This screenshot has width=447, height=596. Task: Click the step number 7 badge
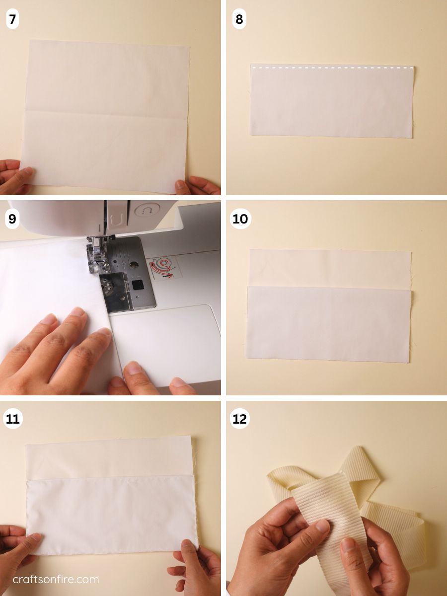coord(12,19)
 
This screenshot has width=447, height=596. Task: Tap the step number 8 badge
coord(239,19)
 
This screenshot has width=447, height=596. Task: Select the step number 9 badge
coord(12,219)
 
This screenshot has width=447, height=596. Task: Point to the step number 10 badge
coord(240,219)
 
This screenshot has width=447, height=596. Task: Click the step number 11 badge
coord(13,419)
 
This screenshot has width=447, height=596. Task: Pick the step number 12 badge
coord(240,419)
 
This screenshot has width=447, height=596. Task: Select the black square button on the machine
coord(136,285)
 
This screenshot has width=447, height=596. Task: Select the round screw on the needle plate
coord(133,264)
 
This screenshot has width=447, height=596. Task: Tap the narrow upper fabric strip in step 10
coord(330,268)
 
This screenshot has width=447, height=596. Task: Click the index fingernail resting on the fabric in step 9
coord(104,332)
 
